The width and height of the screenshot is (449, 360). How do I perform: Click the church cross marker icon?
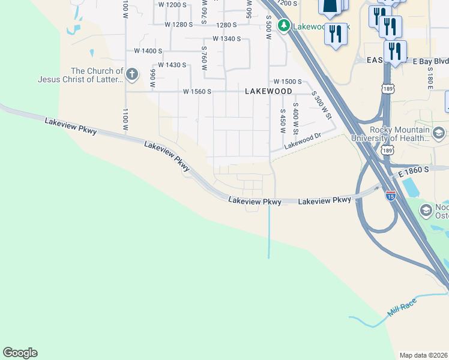point(133,74)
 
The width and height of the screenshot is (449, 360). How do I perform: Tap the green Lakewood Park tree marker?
point(283,26)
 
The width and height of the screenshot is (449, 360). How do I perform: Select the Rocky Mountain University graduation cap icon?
point(439,133)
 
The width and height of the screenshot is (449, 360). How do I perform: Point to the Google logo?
point(20,353)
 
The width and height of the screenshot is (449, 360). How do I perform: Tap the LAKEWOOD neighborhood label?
point(268,91)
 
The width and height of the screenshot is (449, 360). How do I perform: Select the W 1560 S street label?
point(197,92)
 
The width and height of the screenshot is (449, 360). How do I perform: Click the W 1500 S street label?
point(288,81)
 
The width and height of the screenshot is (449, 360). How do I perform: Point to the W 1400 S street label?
point(148,51)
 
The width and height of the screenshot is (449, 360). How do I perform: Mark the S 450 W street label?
point(282,121)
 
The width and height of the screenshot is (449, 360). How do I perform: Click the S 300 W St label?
point(322,105)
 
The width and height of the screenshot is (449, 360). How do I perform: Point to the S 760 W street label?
point(204,59)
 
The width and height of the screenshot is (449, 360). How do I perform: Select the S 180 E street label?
point(430,75)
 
